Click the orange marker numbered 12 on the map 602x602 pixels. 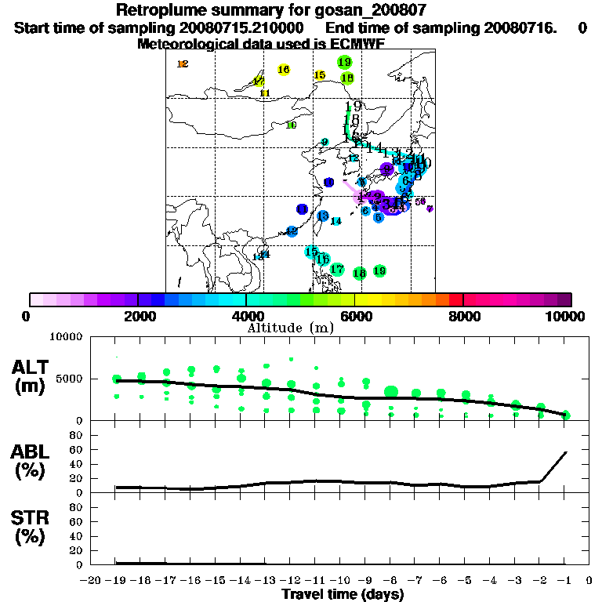pyautogui.click(x=183, y=64)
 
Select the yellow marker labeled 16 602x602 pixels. pyautogui.click(x=284, y=70)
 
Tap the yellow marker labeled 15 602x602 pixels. pyautogui.click(x=320, y=75)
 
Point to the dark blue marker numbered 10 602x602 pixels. pyautogui.click(x=329, y=183)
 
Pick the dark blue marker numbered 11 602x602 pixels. pyautogui.click(x=303, y=209)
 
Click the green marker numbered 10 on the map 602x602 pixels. pyautogui.click(x=291, y=125)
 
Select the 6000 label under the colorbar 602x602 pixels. pyautogui.click(x=355, y=316)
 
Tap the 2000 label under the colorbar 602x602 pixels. pyautogui.click(x=137, y=316)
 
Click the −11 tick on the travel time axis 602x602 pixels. pyautogui.click(x=315, y=582)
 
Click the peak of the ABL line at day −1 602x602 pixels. pyautogui.click(x=566, y=452)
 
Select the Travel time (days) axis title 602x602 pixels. pyautogui.click(x=343, y=595)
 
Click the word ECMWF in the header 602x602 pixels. pyautogui.click(x=357, y=44)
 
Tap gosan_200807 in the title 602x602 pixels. pyautogui.click(x=370, y=11)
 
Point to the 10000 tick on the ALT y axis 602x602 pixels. pyautogui.click(x=67, y=337)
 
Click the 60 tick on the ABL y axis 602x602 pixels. pyautogui.click(x=77, y=449)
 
